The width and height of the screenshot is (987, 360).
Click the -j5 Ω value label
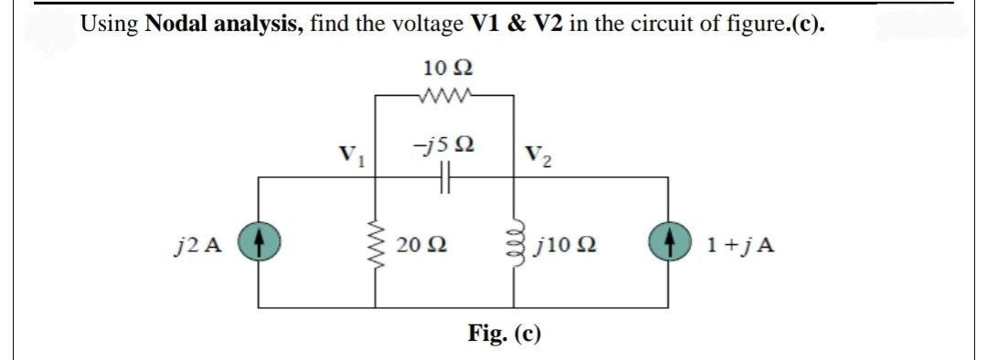pos(442,145)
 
